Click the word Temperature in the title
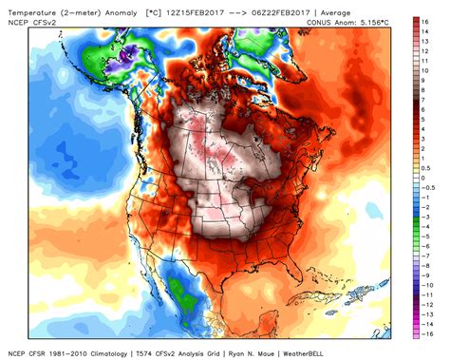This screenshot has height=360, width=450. (28, 7)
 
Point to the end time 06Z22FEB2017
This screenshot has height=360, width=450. (276, 7)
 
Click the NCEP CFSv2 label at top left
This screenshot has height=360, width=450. (28, 17)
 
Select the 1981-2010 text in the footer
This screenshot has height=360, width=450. (66, 352)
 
